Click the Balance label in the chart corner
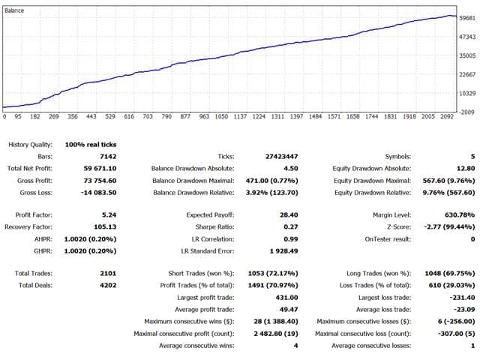pos(14,10)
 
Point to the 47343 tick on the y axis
pos(467,37)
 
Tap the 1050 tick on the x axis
pos(221,117)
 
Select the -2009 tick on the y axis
pos(467,112)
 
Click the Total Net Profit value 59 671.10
pos(100,169)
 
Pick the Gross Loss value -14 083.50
pos(98,193)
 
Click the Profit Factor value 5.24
pos(109,215)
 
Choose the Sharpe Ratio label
pos(215,227)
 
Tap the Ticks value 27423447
pos(282,157)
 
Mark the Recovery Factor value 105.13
pos(105,227)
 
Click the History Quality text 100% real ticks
pos(91,145)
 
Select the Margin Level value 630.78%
pos(460,215)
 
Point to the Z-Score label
pos(399,227)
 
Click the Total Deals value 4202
pos(108,286)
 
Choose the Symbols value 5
pos(473,157)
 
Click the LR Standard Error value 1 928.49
pos(283,251)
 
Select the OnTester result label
pos(388,239)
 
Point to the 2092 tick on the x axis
pos(447,117)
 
